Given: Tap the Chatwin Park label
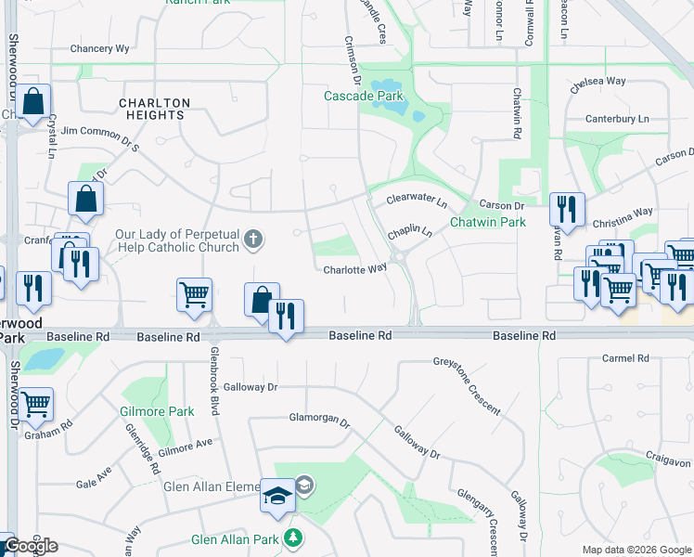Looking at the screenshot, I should [x=488, y=222].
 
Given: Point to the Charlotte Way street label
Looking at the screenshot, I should [x=354, y=269].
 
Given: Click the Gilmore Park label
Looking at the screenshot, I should [x=156, y=411].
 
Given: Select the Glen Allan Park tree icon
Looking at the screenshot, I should [x=293, y=538].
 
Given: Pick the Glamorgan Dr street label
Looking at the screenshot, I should [x=319, y=421].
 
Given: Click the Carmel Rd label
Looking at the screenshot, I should [x=624, y=358].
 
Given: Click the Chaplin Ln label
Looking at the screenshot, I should [x=410, y=231].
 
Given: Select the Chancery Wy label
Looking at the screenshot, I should [x=99, y=48].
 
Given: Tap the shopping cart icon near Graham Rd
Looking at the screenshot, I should [x=36, y=405].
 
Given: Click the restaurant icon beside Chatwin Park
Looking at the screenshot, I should [x=566, y=210].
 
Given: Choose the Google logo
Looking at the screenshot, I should [x=32, y=545].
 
